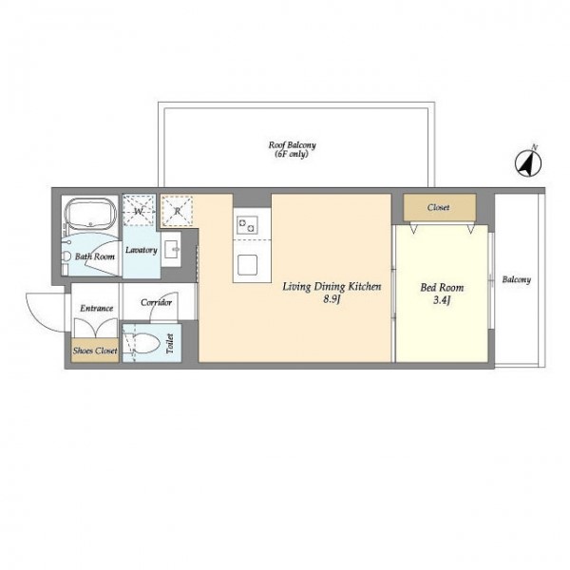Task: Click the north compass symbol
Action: pos(528,162)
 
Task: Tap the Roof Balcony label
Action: pos(293,145)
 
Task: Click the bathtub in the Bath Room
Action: pos(90,214)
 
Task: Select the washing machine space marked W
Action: pos(140,211)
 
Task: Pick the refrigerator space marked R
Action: pos(177,211)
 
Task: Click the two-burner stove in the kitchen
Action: pos(247,225)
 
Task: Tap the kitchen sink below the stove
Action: pos(248,265)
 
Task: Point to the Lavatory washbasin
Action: pos(171,249)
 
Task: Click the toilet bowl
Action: pos(143,343)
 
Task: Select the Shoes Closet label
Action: pos(95,351)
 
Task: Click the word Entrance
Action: pos(96,308)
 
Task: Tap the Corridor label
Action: pos(157,302)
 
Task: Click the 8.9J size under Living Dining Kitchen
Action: pos(332,299)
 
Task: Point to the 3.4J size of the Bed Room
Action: pos(442,300)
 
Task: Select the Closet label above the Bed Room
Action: pos(438,207)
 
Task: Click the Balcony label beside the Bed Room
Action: pos(517,279)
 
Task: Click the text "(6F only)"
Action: pos(292,154)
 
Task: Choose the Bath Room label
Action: pos(95,256)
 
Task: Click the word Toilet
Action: pos(170,344)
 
